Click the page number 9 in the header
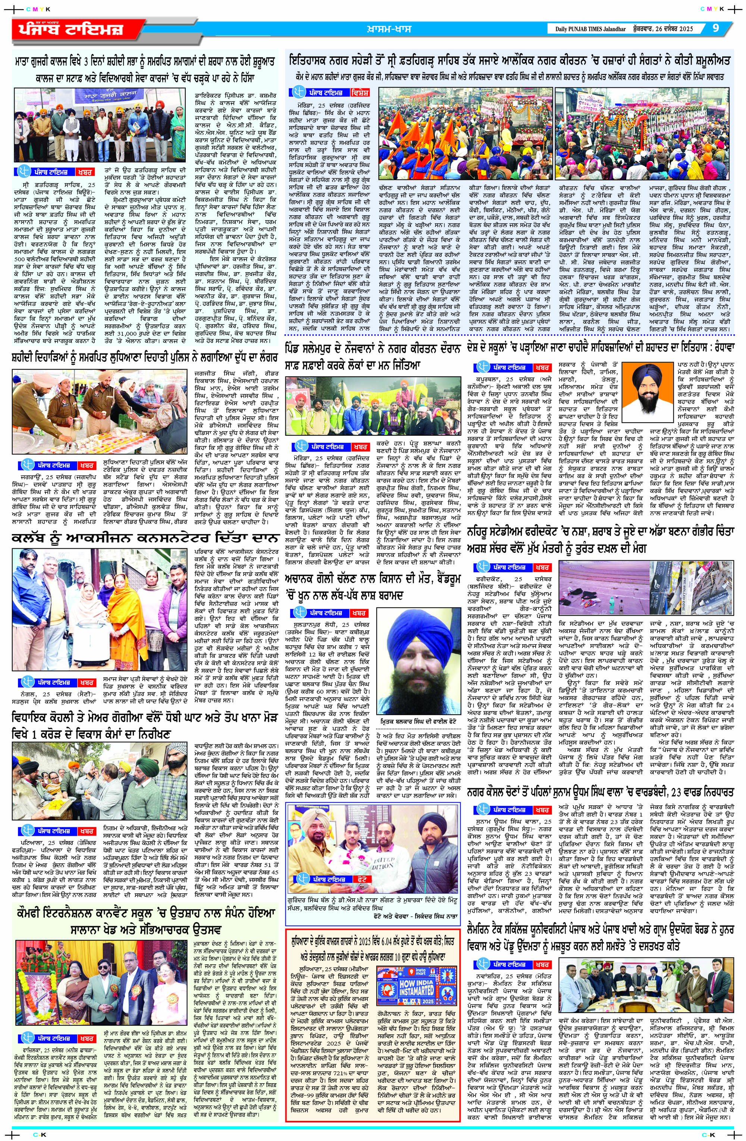point(716,28)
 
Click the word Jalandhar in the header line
point(613,29)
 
